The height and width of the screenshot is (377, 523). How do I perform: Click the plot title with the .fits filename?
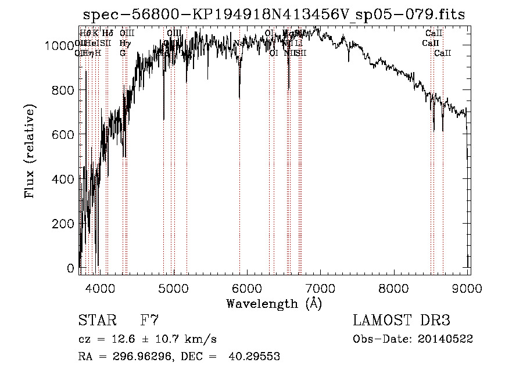point(274,15)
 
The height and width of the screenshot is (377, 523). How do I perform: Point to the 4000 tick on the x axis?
point(99,288)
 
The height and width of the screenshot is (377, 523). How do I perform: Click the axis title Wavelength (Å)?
point(274,303)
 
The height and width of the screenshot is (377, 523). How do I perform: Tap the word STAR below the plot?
point(96,320)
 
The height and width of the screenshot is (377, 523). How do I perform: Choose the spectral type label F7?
point(149,320)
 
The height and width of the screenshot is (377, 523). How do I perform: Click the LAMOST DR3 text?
point(401,320)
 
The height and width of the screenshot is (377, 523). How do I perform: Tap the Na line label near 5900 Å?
point(238,43)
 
